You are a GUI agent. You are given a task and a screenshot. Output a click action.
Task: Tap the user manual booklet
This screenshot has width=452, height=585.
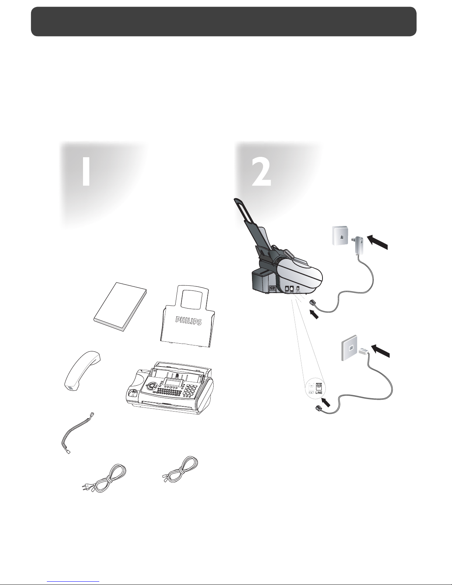tap(120, 307)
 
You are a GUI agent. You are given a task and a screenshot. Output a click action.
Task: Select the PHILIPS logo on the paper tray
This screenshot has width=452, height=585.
tap(189, 320)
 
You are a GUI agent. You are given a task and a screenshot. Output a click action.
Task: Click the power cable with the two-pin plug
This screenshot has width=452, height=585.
tap(104, 479)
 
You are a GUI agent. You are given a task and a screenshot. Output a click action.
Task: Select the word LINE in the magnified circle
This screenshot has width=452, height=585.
tap(319, 393)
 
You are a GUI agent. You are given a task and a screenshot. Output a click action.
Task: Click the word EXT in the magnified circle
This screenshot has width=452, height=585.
tap(311, 393)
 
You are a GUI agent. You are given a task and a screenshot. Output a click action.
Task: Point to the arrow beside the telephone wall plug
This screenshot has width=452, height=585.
tap(380, 351)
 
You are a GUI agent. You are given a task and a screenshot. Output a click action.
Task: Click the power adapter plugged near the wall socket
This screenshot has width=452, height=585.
tap(358, 244)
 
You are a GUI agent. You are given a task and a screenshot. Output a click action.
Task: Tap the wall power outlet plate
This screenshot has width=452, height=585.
tap(340, 235)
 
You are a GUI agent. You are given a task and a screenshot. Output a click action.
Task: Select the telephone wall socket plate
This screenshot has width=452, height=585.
tap(349, 348)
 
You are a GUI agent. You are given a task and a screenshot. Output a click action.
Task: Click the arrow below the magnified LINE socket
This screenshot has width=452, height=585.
tap(326, 402)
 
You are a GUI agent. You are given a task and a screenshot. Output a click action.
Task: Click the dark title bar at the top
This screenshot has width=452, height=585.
tap(224, 21)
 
